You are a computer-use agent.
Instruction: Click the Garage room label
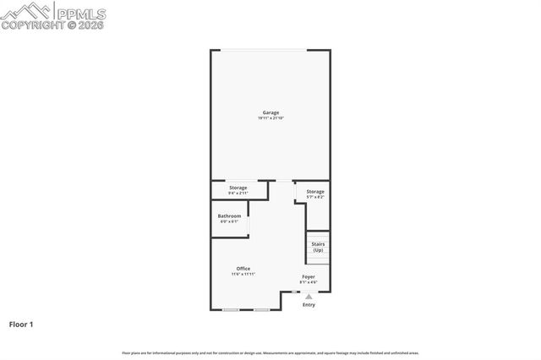click(x=270, y=112)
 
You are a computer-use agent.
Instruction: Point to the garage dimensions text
click(x=270, y=118)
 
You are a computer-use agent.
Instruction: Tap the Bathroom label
click(x=229, y=216)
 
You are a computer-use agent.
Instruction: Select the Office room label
click(x=243, y=269)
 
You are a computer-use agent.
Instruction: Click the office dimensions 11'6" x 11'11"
click(x=243, y=275)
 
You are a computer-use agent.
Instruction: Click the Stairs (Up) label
click(x=318, y=248)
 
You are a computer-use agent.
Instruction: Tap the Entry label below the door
click(x=309, y=305)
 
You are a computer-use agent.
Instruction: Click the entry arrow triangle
click(x=309, y=297)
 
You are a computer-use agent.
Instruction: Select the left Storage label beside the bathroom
click(x=238, y=188)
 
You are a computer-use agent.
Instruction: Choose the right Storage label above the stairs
click(x=315, y=192)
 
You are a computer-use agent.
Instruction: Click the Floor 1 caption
click(x=21, y=324)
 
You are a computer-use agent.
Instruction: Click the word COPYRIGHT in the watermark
click(x=29, y=25)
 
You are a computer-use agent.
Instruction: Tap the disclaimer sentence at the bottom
click(x=270, y=352)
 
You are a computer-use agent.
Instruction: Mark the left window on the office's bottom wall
click(x=230, y=309)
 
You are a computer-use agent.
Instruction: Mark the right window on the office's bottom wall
click(x=261, y=309)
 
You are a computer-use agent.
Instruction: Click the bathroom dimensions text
click(x=229, y=222)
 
